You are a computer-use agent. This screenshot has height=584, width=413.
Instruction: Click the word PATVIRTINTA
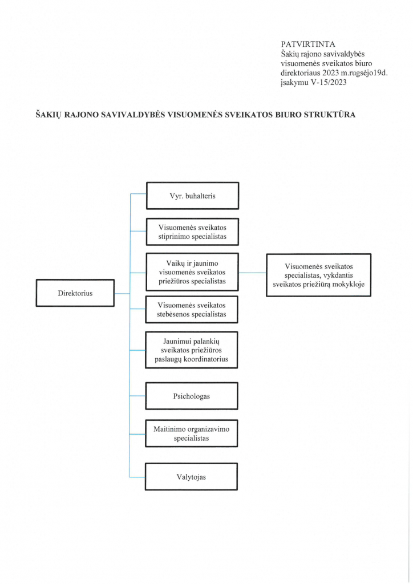308,44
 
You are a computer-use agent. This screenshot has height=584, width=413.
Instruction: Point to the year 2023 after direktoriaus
331,73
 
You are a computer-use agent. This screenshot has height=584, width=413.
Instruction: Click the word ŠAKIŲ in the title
48,115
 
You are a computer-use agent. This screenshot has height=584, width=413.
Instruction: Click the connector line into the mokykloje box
253,273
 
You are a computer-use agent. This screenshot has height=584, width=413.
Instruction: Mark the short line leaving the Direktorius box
122,294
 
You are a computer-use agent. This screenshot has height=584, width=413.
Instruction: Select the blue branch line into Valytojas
137,477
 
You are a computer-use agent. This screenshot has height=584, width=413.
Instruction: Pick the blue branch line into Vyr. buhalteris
138,194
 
